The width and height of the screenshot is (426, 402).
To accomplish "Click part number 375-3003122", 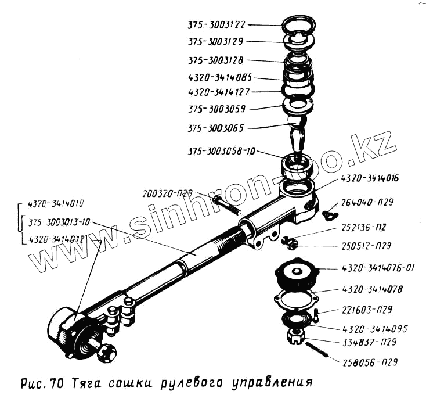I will click(x=217, y=25).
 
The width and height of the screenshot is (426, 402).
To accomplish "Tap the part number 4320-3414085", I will click(x=219, y=77).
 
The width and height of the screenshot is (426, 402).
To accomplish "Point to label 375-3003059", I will click(x=216, y=109).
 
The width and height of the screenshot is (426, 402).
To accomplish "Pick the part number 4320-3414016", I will click(x=369, y=178).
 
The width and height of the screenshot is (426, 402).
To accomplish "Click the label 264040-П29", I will click(x=369, y=203).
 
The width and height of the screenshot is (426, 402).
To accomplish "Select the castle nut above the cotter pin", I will click(x=294, y=336).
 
